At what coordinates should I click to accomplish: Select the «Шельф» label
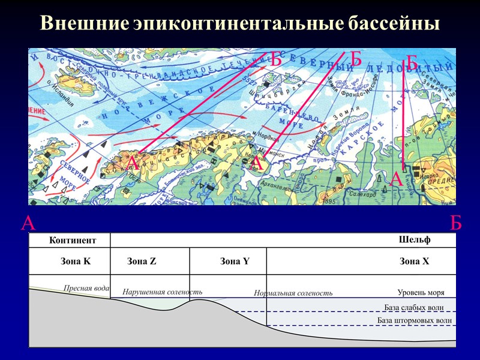[415, 241]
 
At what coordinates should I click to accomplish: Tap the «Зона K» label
[76, 262]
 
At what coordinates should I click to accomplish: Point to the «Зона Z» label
[142, 262]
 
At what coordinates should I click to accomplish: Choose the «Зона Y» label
[235, 262]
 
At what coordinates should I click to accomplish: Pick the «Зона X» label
[415, 262]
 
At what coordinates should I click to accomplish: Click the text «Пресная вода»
[86, 288]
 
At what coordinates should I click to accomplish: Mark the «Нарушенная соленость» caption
[162, 292]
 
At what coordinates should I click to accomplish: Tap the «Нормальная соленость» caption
[293, 293]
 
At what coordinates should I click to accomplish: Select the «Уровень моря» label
[421, 293]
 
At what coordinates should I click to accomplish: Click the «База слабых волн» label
[414, 308]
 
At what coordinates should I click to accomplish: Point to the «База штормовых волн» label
[415, 321]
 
